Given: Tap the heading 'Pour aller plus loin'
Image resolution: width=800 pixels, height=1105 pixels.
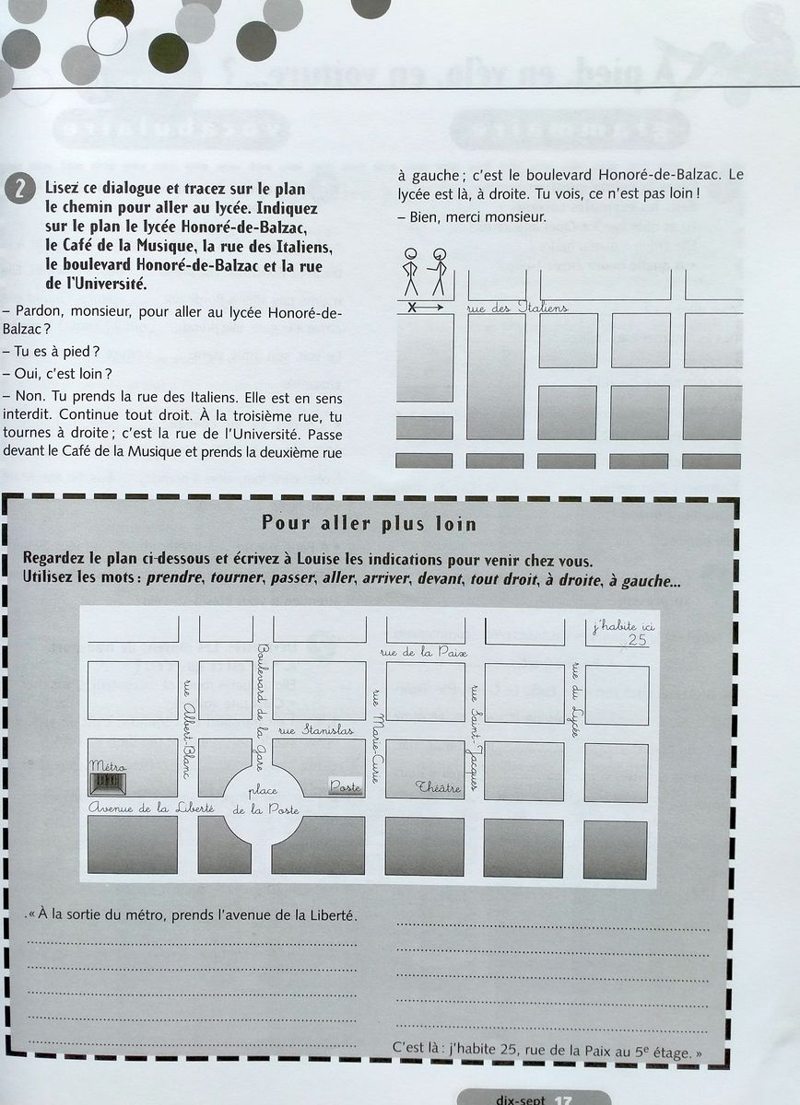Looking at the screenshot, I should [x=370, y=524].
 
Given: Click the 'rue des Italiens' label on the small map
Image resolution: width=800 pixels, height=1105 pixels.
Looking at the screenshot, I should [x=517, y=307].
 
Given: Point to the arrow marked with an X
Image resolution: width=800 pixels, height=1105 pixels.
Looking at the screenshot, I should [x=424, y=307].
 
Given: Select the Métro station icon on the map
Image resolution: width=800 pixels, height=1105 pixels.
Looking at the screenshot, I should [x=108, y=783].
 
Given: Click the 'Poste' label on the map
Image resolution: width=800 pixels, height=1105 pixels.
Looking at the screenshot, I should [x=346, y=787].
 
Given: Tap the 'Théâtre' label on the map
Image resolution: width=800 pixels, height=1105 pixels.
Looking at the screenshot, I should [x=438, y=787].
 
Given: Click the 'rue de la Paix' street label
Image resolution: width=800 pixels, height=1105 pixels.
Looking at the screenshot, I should [x=424, y=653].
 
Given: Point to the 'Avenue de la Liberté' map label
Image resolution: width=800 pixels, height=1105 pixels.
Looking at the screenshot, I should [x=151, y=808].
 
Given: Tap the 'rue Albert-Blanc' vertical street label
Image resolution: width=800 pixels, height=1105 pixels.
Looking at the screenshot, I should [x=188, y=728].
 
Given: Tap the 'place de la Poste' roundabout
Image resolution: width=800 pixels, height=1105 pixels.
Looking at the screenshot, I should [x=264, y=799].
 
